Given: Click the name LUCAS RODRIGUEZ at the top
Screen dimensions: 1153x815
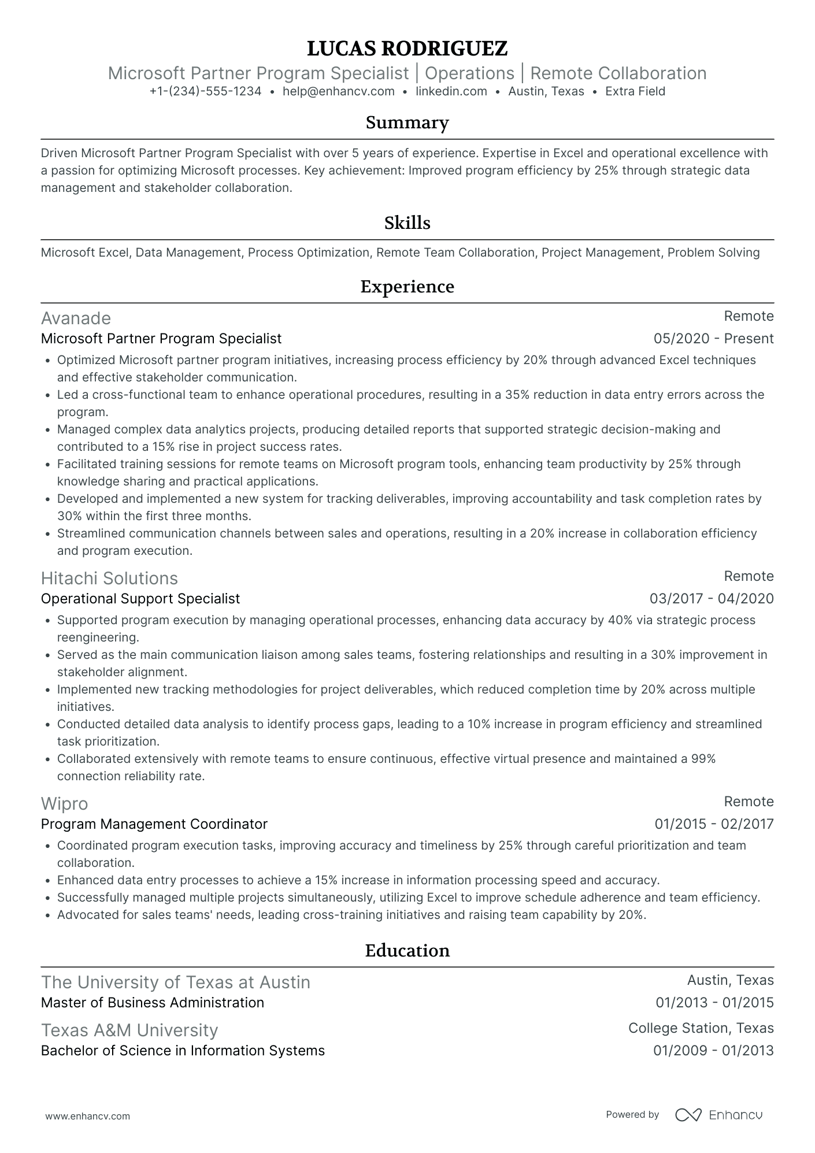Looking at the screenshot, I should [407, 49].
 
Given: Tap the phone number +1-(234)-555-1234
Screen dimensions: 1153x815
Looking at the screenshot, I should [205, 91].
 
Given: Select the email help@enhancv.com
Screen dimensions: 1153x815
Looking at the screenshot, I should [338, 91].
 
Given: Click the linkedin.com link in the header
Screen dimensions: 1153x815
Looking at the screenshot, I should [451, 91].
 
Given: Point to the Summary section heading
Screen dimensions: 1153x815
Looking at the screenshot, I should [407, 123].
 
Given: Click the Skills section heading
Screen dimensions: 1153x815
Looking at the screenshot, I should [407, 223].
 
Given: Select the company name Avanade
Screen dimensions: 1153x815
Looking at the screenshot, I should [76, 318].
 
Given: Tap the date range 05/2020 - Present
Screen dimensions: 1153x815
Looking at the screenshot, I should [713, 339].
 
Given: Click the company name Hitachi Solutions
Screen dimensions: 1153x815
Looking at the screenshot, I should [109, 579].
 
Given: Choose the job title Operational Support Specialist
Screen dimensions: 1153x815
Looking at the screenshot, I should [140, 599].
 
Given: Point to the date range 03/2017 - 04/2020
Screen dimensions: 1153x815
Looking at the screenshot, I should [712, 599].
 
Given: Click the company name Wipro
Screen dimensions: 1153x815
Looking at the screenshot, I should [64, 804].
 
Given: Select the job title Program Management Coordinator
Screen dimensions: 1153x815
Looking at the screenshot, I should [154, 824].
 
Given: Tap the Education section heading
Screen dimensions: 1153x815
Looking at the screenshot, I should [407, 951].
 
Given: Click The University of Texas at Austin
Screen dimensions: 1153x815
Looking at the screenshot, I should [176, 983].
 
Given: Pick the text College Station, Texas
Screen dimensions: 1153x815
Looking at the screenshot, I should [701, 1028].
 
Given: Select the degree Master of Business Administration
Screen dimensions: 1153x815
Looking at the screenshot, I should [153, 1003].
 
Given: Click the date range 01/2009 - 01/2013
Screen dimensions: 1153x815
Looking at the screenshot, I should [713, 1051].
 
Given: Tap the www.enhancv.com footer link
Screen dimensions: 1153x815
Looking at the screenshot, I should [87, 1116].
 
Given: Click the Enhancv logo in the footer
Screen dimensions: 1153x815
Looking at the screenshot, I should [719, 1115].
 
